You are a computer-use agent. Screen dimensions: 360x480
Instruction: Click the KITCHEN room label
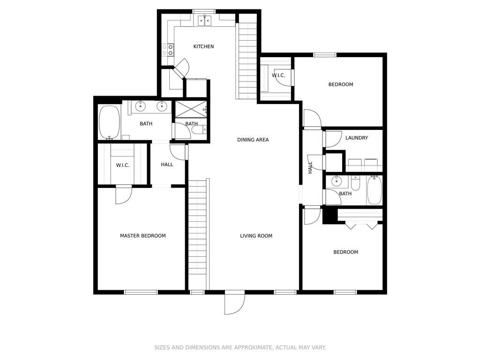203,46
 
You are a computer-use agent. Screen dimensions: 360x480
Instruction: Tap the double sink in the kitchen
204,20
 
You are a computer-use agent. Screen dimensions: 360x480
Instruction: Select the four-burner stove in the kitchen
168,50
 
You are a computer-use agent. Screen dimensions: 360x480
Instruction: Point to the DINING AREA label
253,140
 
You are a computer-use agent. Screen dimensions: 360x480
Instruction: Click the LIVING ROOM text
256,236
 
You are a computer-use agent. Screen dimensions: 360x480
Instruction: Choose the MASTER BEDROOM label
142,236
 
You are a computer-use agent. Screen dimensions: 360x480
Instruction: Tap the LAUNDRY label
356,138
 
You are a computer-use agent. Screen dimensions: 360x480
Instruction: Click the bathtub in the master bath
110,122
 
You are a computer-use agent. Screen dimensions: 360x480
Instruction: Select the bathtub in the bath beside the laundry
374,190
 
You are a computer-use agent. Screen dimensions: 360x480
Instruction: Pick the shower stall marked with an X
190,110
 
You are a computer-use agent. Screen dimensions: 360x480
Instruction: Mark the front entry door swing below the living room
234,303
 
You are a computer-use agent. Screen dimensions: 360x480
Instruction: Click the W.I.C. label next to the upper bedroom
278,75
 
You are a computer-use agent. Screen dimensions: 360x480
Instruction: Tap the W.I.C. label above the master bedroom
122,165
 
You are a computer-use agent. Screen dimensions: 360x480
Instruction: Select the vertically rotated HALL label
310,167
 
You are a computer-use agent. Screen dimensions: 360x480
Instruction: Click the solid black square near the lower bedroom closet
330,216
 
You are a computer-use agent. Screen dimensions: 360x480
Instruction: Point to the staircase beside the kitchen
247,56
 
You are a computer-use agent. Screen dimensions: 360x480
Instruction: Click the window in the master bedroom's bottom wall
141,292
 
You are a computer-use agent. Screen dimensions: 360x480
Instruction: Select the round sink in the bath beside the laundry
337,181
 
